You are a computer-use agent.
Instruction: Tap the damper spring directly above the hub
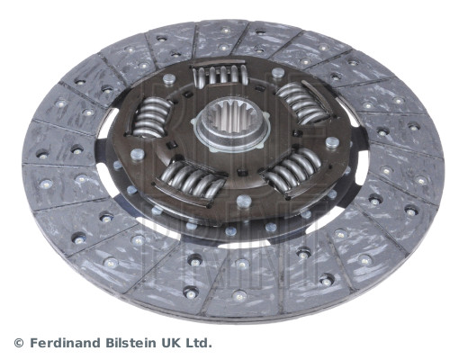point(220,75)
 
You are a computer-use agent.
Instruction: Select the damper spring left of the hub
point(149,118)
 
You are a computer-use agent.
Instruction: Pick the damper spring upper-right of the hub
point(301,102)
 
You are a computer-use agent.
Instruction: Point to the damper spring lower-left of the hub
point(193,180)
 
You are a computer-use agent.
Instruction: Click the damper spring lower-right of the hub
point(293,170)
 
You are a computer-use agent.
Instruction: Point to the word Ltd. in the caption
point(200,342)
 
